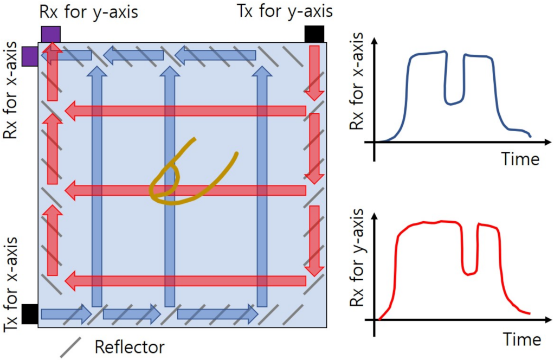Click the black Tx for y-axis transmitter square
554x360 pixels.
pyautogui.click(x=314, y=34)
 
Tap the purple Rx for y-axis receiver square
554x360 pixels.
pyautogui.click(x=50, y=34)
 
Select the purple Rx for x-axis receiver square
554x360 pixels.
pyautogui.click(x=30, y=56)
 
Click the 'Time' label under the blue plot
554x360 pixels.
pyautogui.click(x=520, y=160)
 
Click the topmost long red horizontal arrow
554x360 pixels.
pyautogui.click(x=184, y=111)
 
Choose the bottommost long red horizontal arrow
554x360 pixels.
pyautogui.click(x=184, y=280)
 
